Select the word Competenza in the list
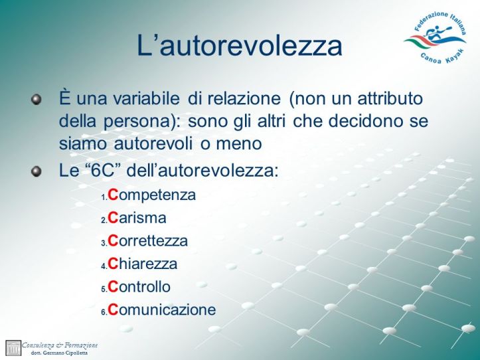pyautogui.click(x=152, y=195)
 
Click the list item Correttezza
pyautogui.click(x=148, y=241)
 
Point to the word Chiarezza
pyautogui.click(x=143, y=264)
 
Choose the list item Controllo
pyautogui.click(x=139, y=287)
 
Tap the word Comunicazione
pyautogui.click(x=162, y=310)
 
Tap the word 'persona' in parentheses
pyautogui.click(x=143, y=122)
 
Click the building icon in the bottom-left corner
pyautogui.click(x=13, y=348)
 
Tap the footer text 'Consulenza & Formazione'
pyautogui.click(x=60, y=345)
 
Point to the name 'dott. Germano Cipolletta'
pyautogui.click(x=60, y=353)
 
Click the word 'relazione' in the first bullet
pyautogui.click(x=243, y=99)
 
